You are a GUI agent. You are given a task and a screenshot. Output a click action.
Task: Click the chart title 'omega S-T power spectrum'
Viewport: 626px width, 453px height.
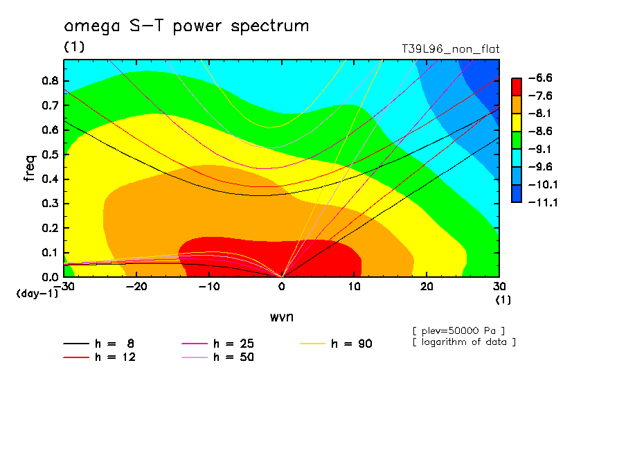pos(186,26)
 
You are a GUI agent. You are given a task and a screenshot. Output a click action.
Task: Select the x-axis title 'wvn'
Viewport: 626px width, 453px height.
pos(281,317)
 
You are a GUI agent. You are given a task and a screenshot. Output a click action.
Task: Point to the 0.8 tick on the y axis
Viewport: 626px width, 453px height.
pos(48,80)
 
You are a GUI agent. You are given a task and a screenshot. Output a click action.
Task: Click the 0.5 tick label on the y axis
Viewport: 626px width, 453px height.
pos(48,154)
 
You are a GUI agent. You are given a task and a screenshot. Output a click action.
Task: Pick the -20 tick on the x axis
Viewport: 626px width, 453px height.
pos(136,287)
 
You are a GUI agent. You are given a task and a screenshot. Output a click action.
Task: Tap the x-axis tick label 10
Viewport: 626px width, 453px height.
pos(354,287)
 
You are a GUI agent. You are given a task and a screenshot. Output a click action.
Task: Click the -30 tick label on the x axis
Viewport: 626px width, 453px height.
pos(64,287)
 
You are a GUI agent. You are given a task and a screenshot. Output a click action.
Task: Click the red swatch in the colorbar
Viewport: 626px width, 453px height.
pos(516,87)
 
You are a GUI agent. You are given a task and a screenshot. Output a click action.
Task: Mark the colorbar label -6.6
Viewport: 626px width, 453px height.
pos(542,78)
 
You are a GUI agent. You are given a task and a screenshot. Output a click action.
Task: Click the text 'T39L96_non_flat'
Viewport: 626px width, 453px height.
pos(450,49)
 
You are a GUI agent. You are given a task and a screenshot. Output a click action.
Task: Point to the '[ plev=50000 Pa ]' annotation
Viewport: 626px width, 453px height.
pos(458,330)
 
